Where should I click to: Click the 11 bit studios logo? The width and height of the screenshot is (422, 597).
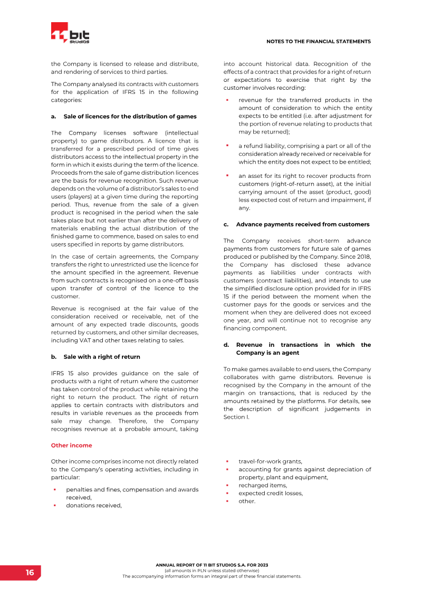point(70,33)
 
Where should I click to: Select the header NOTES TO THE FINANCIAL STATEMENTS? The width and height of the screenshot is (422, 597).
point(318,41)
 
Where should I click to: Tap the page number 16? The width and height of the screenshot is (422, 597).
point(30,573)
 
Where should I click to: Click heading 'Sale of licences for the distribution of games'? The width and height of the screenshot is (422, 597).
point(130,116)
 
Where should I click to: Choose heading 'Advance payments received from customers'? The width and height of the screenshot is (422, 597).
point(303,224)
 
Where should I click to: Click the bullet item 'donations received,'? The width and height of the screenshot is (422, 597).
point(93,505)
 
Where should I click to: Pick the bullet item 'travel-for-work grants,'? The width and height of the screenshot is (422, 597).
point(270,461)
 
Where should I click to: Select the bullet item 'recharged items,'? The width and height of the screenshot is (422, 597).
point(263,485)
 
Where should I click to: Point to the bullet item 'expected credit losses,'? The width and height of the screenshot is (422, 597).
point(271,493)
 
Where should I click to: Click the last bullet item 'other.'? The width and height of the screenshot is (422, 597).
point(247,501)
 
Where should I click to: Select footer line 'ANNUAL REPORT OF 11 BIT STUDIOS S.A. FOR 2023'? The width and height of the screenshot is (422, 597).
point(212,565)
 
